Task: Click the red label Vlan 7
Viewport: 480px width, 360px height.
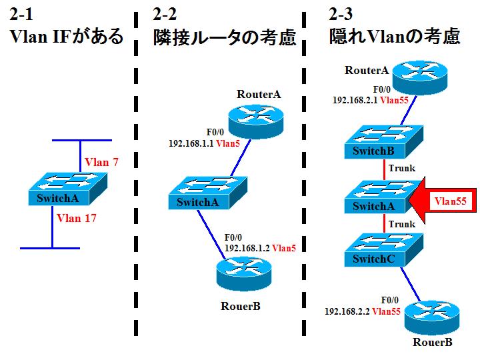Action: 101,162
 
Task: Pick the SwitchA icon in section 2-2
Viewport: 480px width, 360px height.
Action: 207,194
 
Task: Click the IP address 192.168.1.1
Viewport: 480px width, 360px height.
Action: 194,143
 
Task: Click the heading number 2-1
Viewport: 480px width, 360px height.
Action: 23,14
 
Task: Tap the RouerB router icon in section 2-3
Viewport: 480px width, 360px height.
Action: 433,318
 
